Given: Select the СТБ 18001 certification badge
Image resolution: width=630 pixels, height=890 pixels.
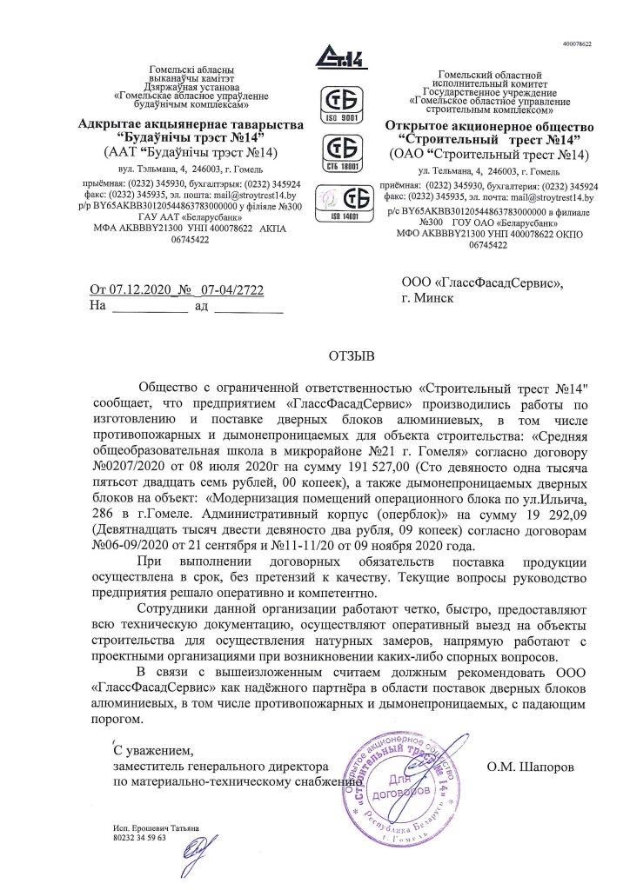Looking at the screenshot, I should (342, 149).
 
